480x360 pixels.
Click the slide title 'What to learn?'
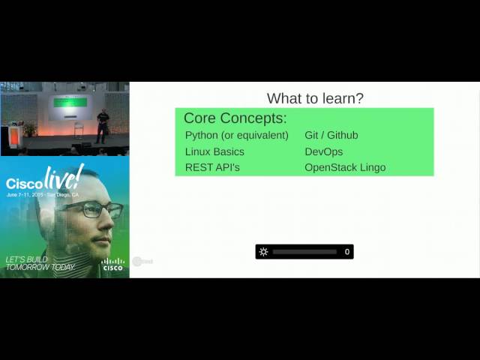click(x=315, y=99)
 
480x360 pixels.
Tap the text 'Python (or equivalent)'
click(x=236, y=136)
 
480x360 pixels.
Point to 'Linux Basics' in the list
click(x=214, y=151)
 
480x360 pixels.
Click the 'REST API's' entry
click(x=212, y=167)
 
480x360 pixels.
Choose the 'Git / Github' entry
click(x=331, y=136)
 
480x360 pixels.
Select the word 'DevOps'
click(x=323, y=151)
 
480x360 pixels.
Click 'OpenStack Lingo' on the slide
click(x=345, y=167)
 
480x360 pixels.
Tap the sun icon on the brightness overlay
click(x=263, y=252)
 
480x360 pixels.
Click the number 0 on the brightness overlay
click(x=347, y=252)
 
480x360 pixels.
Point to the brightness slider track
click(x=304, y=252)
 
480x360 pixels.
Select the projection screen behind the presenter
click(x=70, y=103)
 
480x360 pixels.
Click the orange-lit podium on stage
click(x=15, y=137)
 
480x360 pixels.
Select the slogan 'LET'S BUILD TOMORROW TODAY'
click(x=40, y=263)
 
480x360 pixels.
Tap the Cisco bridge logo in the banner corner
click(x=112, y=263)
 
